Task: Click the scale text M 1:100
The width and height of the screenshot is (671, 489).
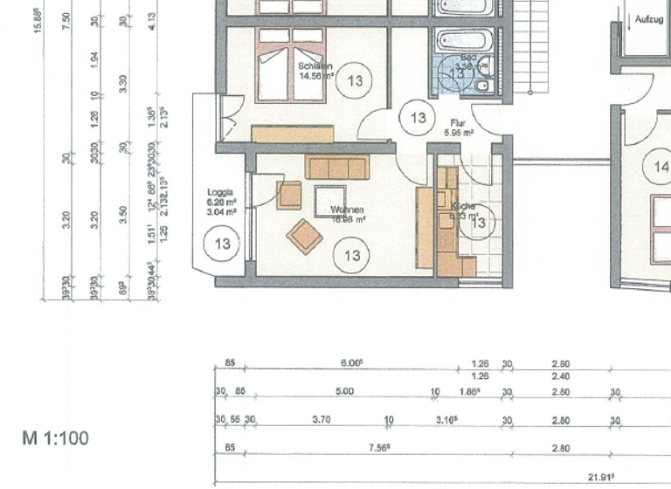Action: tap(56, 437)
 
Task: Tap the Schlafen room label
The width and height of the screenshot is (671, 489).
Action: tap(315, 65)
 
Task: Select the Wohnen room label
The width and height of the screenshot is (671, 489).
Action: tap(348, 210)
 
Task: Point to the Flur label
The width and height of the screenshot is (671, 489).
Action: tap(456, 123)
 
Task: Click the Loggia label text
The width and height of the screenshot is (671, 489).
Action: tap(219, 191)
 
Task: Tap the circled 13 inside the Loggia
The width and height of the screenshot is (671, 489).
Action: tap(222, 243)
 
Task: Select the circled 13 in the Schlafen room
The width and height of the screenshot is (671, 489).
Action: tap(355, 80)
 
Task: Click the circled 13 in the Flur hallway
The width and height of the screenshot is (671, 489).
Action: tap(418, 117)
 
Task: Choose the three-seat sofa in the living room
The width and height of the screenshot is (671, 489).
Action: tap(337, 168)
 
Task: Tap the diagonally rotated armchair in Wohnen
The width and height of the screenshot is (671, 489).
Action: tap(304, 237)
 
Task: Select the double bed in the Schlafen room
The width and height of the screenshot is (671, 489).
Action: tap(286, 66)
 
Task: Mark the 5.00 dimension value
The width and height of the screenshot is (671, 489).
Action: tap(344, 392)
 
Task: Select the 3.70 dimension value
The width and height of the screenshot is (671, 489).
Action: tap(322, 420)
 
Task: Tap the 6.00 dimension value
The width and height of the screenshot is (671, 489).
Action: tap(350, 364)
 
